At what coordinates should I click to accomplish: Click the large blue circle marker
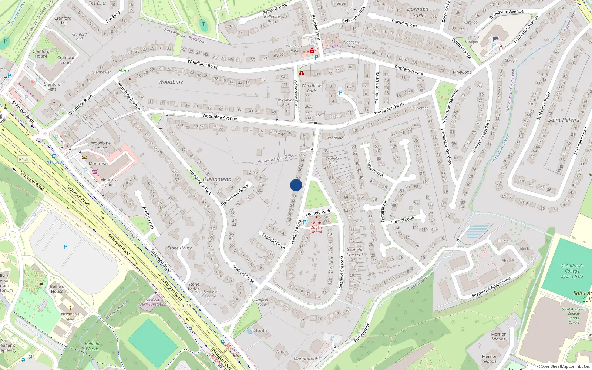click(x=296, y=185)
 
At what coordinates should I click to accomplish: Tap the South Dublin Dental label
click(x=316, y=227)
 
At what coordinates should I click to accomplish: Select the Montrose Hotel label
click(x=110, y=182)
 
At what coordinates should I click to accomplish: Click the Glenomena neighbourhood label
click(x=217, y=179)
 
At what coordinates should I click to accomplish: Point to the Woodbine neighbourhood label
click(x=171, y=82)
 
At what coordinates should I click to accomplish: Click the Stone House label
click(x=180, y=248)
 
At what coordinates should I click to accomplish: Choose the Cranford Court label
click(x=66, y=60)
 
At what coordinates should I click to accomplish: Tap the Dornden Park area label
click(x=418, y=12)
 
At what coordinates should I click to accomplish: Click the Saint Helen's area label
click(x=564, y=120)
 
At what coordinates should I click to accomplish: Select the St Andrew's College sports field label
click(x=572, y=271)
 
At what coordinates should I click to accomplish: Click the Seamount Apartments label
click(x=491, y=287)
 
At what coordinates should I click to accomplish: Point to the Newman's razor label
click(x=70, y=316)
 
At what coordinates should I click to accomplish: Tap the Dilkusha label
click(x=260, y=330)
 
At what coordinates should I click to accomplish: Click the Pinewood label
click(x=462, y=72)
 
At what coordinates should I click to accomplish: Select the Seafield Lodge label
click(x=210, y=294)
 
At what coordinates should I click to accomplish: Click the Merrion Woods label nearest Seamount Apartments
click(x=499, y=336)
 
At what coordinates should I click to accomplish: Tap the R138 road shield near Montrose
click(x=24, y=159)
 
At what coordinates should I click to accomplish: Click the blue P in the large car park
click(x=65, y=247)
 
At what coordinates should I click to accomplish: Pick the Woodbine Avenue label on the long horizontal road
click(x=220, y=117)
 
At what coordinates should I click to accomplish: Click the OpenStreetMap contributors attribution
click(x=564, y=366)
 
